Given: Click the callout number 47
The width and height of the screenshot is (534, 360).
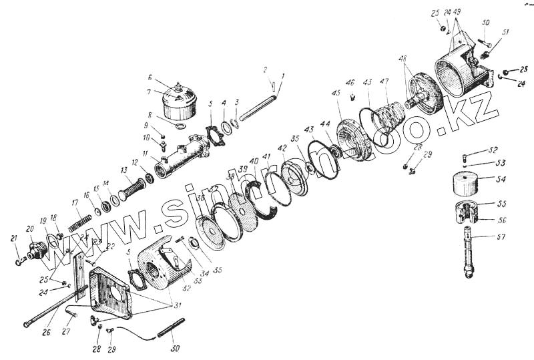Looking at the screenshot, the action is (x=384, y=81).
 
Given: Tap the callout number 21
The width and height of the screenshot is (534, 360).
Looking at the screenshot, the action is (x=14, y=238).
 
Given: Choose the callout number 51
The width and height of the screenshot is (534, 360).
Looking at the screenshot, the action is (x=505, y=31).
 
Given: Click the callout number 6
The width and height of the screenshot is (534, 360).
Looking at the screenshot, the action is (x=151, y=77).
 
